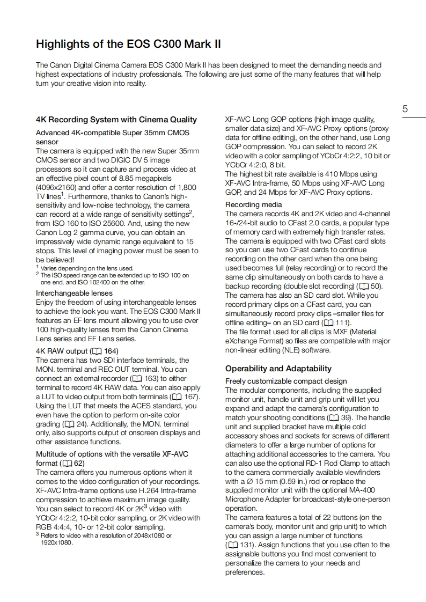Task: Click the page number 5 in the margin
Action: [x=405, y=109]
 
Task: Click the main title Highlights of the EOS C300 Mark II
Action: [x=128, y=43]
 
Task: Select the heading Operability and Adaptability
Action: [x=278, y=369]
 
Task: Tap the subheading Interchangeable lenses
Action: [x=74, y=293]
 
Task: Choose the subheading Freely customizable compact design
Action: [x=286, y=381]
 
